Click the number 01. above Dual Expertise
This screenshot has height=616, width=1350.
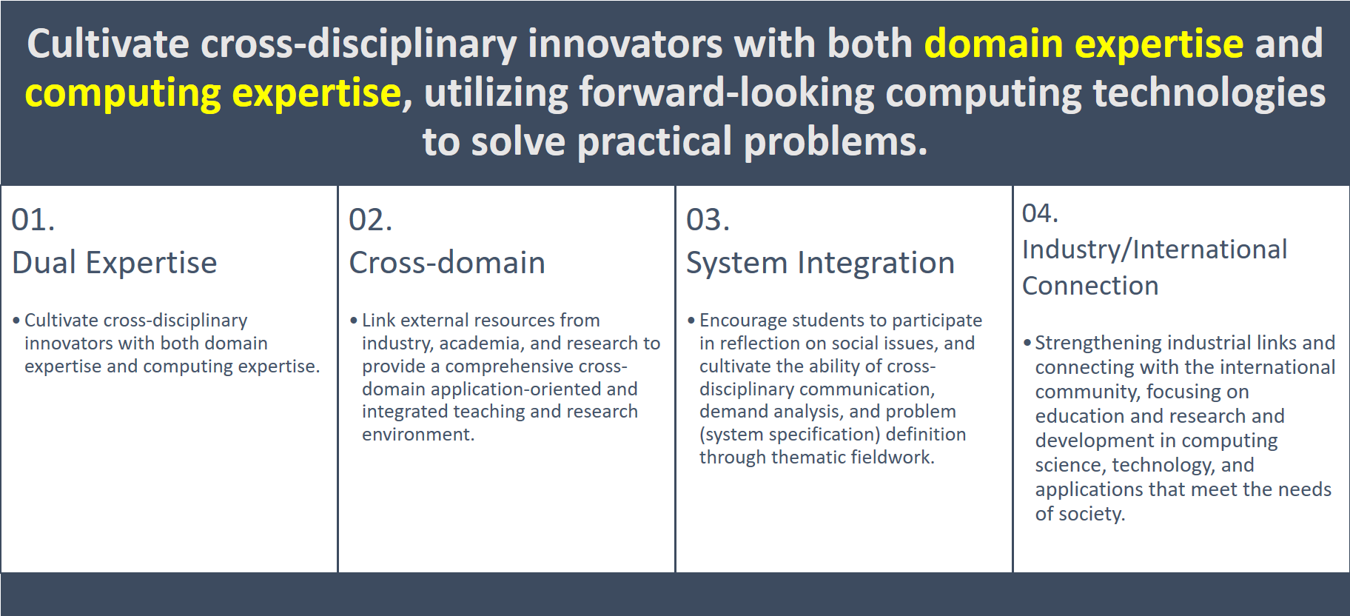[33, 220]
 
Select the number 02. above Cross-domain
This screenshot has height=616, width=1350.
[371, 220]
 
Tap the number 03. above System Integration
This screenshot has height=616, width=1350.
[708, 220]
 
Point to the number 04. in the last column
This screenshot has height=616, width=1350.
[1041, 213]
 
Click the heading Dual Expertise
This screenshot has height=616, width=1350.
[115, 263]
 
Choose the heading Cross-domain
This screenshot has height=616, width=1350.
[447, 263]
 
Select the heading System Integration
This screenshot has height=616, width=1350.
[821, 264]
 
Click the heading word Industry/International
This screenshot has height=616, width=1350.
[1155, 250]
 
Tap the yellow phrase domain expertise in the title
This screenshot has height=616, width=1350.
[1084, 44]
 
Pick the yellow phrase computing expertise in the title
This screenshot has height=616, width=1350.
[213, 93]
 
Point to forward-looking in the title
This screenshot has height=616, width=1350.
[727, 93]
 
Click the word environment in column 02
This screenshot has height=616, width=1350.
[418, 435]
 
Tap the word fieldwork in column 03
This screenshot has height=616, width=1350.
[893, 458]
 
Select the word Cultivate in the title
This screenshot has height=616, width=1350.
[108, 44]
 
